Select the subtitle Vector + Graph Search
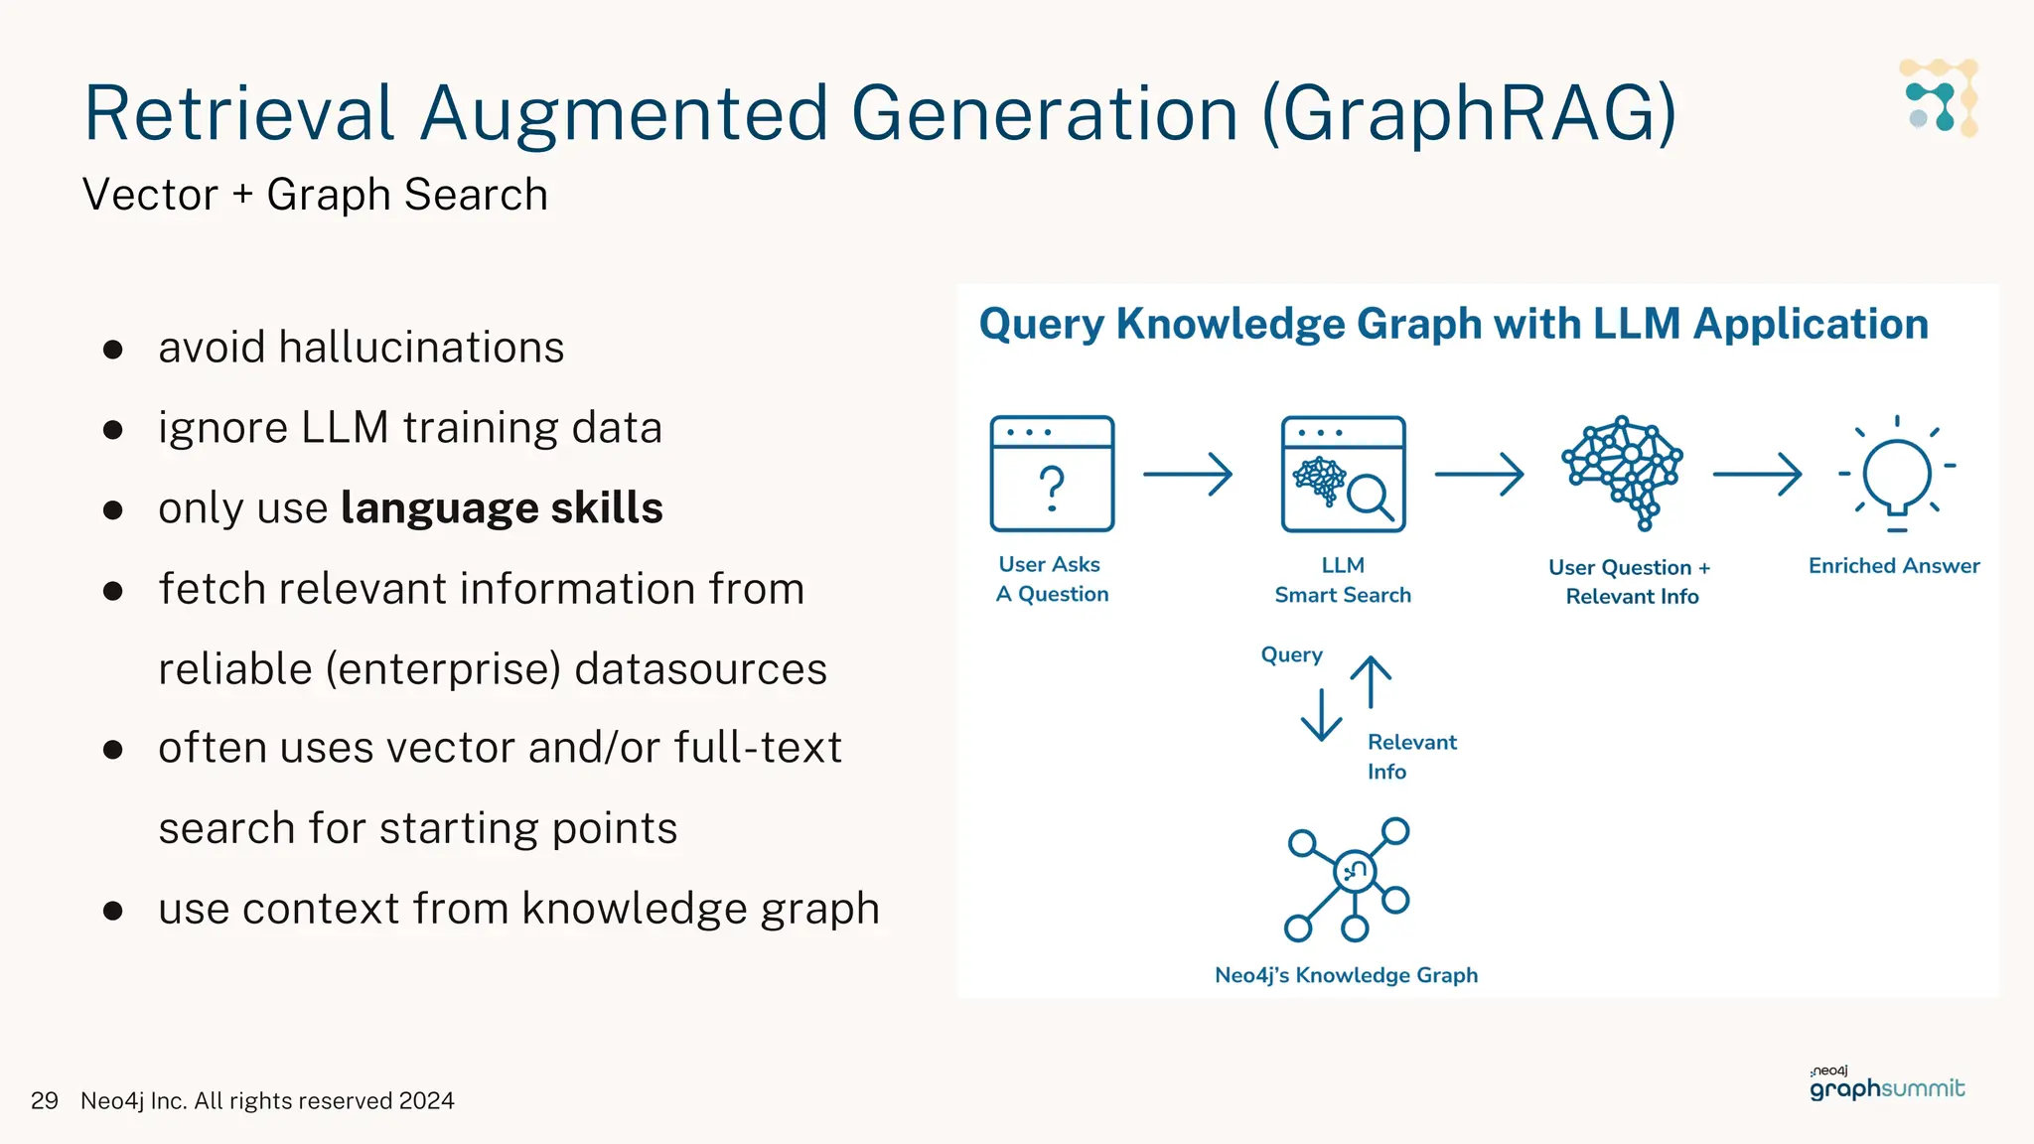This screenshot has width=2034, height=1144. coord(315,195)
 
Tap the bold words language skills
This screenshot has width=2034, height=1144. coord(502,508)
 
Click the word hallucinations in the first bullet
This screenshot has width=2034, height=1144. coord(421,348)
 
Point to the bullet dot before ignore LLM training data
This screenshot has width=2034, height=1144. coord(113,430)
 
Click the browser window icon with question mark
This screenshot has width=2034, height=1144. coord(1052,474)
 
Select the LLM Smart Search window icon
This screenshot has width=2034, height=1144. coord(1343,474)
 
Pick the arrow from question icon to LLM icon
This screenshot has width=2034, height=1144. coord(1188,474)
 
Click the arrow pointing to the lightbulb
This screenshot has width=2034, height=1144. coord(1757,474)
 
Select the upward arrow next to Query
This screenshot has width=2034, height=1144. coord(1371,681)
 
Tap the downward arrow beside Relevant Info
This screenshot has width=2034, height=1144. coord(1321,715)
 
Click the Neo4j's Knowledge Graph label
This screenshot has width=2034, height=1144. coord(1346,975)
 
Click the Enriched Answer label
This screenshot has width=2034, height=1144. coord(1893,566)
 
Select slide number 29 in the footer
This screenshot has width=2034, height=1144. coord(45,1101)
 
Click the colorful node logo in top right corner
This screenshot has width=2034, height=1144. coord(1939,97)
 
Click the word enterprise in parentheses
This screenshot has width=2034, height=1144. coord(448,669)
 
